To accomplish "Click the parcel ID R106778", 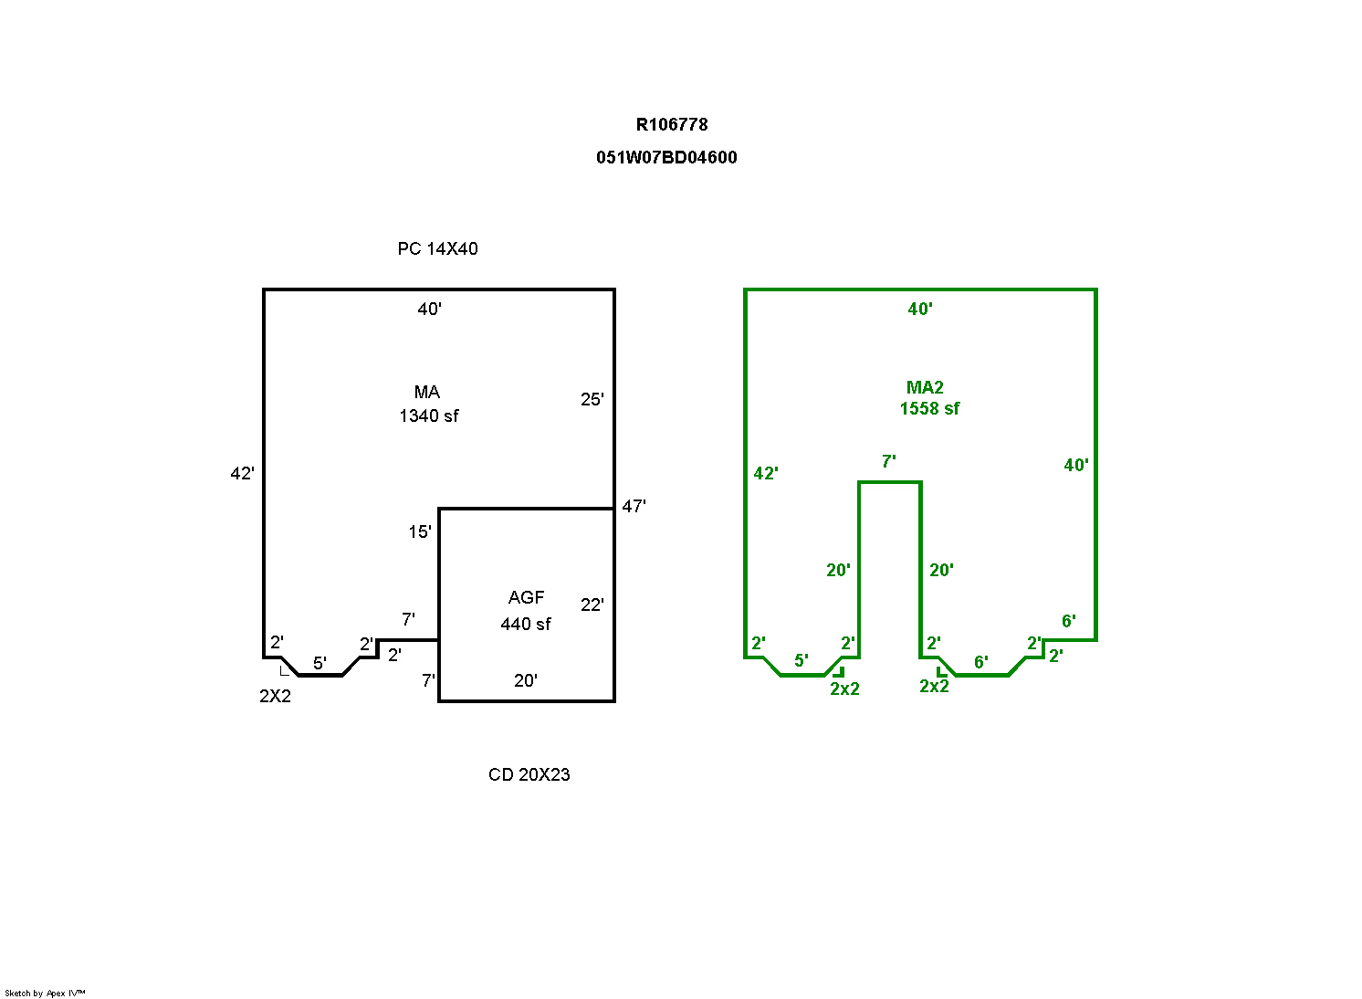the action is point(672,125).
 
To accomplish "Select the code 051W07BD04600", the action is point(666,158).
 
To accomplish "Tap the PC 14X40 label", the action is point(438,249).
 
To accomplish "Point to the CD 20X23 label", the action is point(529,774).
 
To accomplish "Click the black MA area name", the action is point(427,392).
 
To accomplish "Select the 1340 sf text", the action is point(429,416).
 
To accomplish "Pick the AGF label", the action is point(526,597).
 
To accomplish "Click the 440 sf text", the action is point(526,625).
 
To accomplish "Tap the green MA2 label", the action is point(925,387).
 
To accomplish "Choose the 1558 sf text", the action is point(929,408).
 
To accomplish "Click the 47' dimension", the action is point(634,506).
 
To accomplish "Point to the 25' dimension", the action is point(592,400).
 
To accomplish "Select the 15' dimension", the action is point(420,532).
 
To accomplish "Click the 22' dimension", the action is point(592,605).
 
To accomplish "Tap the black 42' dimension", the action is point(243,473).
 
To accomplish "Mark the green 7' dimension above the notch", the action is point(889,462).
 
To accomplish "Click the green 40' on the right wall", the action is point(1076,466).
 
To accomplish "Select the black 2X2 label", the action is point(276,696).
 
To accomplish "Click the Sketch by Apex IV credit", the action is point(45,994).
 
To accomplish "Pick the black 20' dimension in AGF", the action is point(526,681).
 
